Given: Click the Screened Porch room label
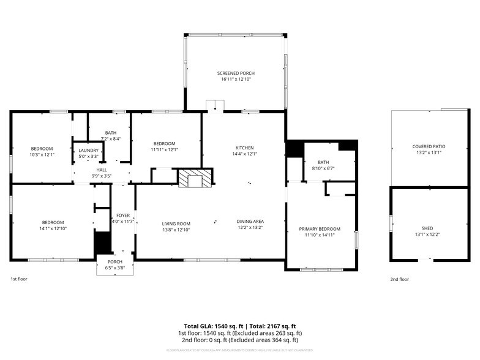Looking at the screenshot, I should (234, 73).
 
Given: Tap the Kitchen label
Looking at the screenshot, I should (245, 148).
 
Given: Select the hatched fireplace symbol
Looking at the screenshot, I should (195, 179).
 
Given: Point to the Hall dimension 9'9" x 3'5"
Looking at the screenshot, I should (101, 176).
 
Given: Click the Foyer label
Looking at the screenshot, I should (123, 215).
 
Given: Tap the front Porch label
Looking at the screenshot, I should (115, 263).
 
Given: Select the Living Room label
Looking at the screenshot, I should (176, 223).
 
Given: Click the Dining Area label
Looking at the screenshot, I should (250, 221).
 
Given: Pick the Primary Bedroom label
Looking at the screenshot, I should (319, 229).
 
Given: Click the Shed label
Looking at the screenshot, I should (427, 228).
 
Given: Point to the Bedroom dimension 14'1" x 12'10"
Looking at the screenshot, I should (53, 228).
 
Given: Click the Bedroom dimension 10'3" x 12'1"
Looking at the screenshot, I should (42, 154).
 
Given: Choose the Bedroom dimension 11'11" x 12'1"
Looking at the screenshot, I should (164, 149).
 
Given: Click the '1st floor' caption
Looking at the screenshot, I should (19, 279).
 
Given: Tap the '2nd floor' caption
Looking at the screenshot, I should (399, 279).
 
